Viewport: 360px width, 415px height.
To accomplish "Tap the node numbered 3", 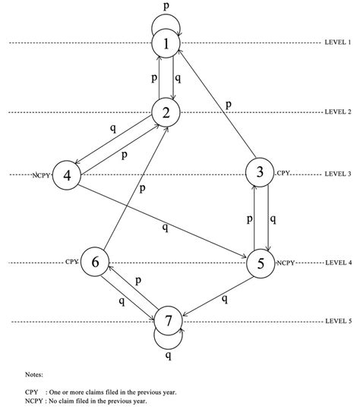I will click(x=261, y=173).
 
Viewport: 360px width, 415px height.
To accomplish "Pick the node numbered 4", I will click(x=66, y=175).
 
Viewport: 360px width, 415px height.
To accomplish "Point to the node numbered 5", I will click(x=261, y=263).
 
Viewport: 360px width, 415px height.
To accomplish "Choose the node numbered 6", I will click(x=95, y=263).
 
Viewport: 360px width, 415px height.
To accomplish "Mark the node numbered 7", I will click(x=169, y=321).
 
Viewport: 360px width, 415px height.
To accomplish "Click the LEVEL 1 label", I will click(x=338, y=43).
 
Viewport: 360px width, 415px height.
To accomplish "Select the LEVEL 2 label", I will click(x=338, y=112).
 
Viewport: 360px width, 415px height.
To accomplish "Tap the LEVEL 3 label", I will click(x=338, y=174).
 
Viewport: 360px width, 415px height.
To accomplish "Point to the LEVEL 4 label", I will click(x=338, y=263).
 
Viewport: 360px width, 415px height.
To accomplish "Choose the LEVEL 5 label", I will click(x=338, y=321).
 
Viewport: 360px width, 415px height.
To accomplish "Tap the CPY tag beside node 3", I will click(x=283, y=174).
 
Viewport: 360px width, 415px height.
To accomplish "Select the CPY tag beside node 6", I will click(x=72, y=262).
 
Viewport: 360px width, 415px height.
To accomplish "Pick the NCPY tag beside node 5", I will click(x=286, y=263).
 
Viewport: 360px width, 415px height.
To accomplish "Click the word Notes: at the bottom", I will click(x=34, y=374).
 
